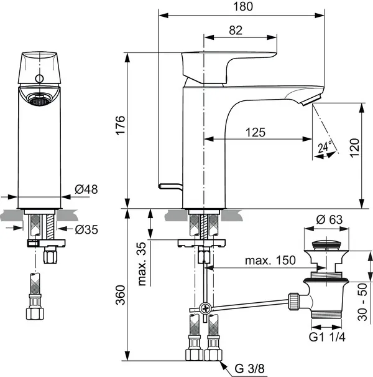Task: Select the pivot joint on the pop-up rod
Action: click(x=205, y=308)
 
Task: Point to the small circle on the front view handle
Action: click(x=41, y=79)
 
